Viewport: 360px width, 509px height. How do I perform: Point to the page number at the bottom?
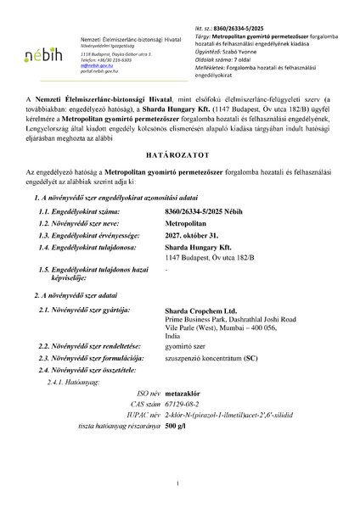pos(180,484)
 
